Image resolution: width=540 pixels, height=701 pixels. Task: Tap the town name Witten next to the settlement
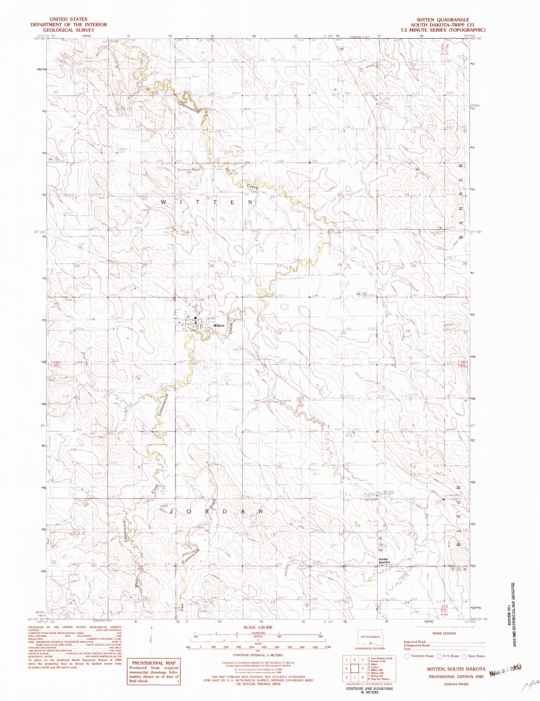point(219,325)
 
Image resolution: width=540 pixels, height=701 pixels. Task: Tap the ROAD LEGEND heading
point(445,633)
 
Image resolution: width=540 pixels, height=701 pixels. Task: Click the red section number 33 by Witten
point(211,334)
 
